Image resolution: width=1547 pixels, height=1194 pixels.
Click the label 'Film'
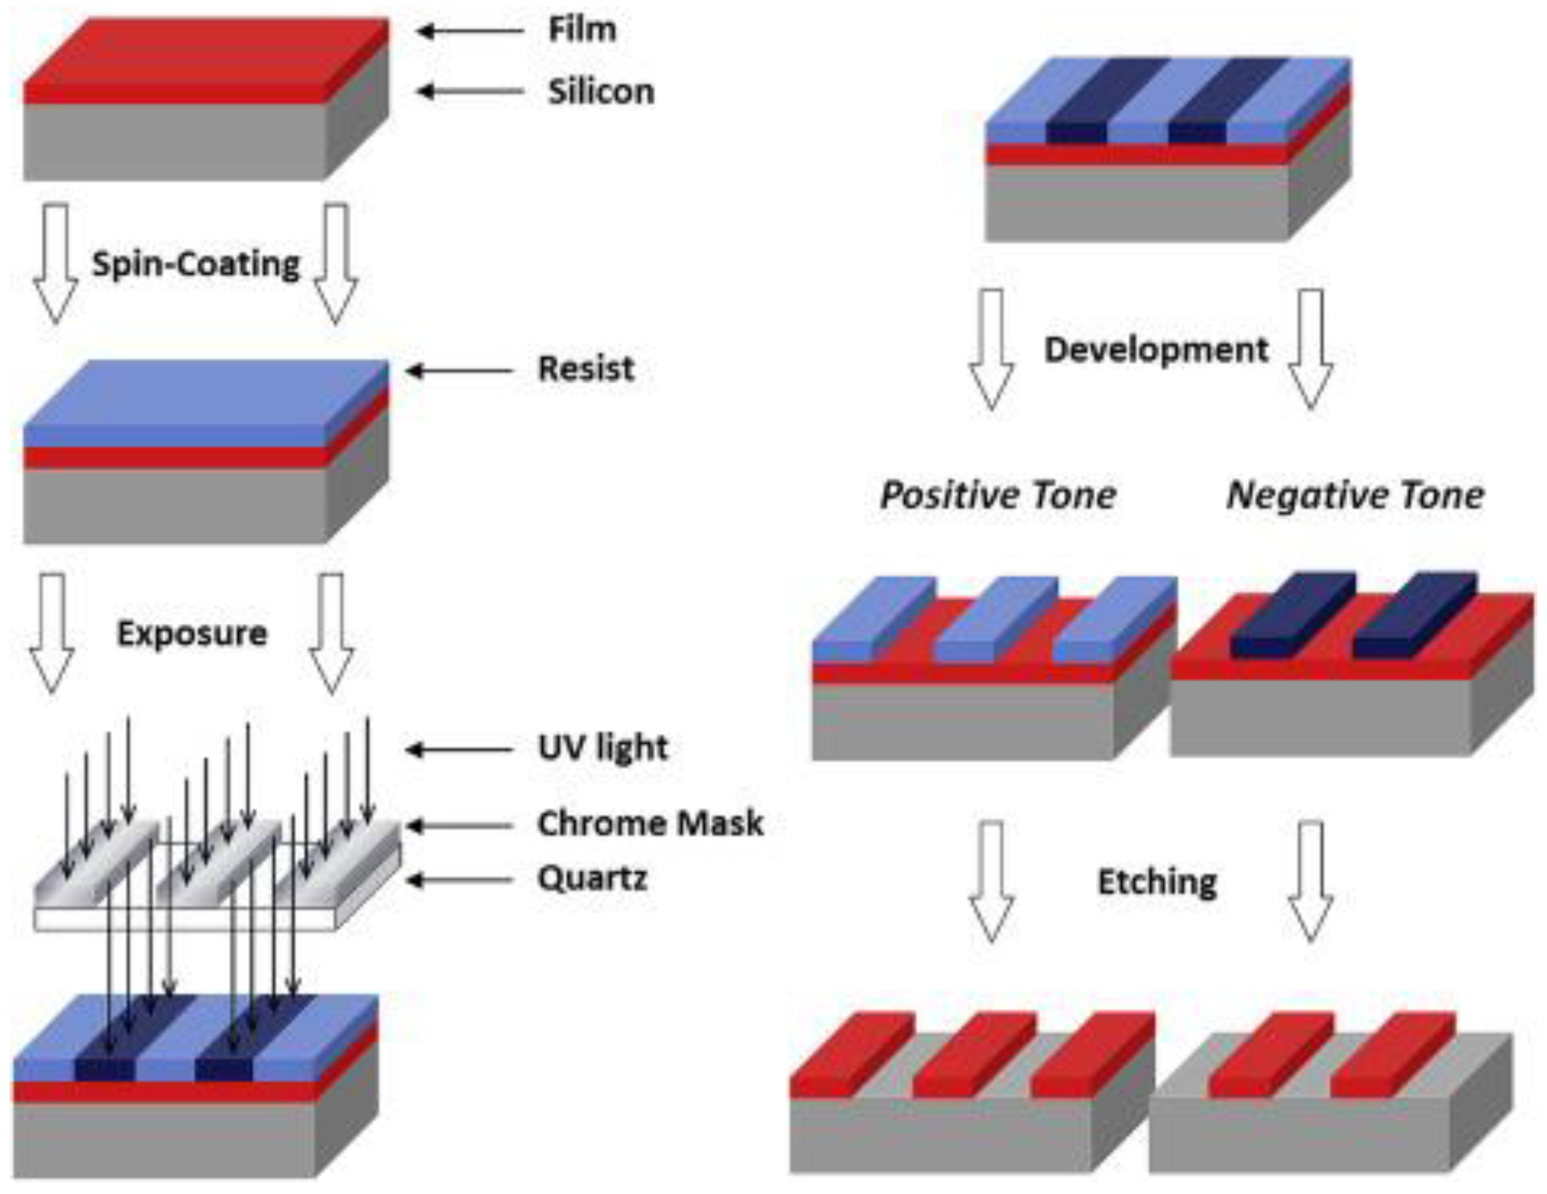point(581,30)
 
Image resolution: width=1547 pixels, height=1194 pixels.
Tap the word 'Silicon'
point(601,92)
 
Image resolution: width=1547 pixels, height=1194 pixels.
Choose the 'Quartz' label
point(592,879)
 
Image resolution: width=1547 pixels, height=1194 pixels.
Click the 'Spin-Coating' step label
point(196,264)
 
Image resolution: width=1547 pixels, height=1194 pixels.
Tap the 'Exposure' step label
point(192,633)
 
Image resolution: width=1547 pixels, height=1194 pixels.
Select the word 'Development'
point(1156,349)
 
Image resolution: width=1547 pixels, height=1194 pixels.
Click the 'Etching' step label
point(1157,882)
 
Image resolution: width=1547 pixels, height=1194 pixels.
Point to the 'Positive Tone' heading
point(998,495)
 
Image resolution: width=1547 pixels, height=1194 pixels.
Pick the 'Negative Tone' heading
point(1354,495)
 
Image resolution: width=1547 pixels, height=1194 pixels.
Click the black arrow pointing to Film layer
point(469,31)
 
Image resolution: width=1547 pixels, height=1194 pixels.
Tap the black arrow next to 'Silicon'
point(469,91)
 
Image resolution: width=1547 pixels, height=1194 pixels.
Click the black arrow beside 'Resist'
point(459,370)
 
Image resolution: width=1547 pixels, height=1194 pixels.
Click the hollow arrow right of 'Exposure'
point(331,633)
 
